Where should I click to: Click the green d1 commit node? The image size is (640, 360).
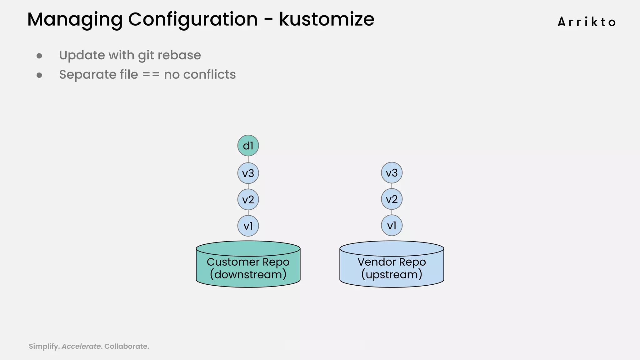(x=248, y=146)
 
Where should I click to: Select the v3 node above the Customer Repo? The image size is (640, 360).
(x=248, y=173)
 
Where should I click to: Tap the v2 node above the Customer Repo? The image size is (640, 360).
(x=248, y=199)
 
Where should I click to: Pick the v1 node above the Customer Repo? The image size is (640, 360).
(x=248, y=226)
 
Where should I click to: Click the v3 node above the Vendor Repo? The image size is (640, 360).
(x=392, y=173)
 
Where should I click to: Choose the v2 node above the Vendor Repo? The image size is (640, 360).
(x=392, y=199)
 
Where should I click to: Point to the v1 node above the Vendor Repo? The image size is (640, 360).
(x=392, y=225)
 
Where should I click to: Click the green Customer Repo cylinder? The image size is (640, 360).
(x=248, y=266)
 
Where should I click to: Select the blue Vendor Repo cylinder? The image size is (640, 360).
(x=392, y=266)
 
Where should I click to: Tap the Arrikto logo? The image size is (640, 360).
(x=587, y=22)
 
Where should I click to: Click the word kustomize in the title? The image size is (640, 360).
(x=327, y=19)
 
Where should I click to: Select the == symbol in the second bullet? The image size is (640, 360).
(x=151, y=75)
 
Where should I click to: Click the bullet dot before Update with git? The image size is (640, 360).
(x=39, y=56)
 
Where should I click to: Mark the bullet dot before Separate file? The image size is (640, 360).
(x=39, y=75)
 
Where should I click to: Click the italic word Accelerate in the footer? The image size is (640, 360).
(x=81, y=346)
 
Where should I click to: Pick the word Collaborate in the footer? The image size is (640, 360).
(x=126, y=346)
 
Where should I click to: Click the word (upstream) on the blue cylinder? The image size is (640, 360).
(x=392, y=275)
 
